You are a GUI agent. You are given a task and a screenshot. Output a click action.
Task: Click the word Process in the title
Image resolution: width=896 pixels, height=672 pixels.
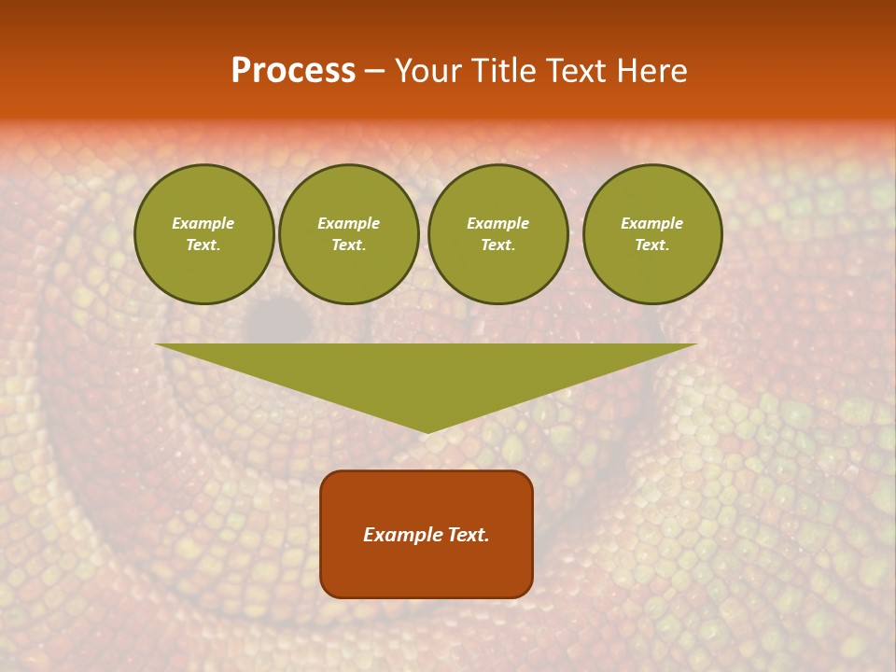293,71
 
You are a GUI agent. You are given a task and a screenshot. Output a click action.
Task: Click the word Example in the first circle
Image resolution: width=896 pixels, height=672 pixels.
203,223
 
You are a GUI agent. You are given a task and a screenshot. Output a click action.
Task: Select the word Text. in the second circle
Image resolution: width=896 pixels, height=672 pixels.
349,245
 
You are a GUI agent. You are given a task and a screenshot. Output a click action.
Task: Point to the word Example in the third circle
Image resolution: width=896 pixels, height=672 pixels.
498,223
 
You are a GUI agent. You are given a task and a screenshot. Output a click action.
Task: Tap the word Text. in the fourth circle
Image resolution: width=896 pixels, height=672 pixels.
652,245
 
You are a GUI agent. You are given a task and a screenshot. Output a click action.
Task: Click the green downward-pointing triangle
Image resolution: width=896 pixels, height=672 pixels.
427,373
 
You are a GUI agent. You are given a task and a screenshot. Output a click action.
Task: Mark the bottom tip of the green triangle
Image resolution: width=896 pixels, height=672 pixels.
427,431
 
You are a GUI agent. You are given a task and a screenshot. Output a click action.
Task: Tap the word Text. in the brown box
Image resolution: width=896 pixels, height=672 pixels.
468,535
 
